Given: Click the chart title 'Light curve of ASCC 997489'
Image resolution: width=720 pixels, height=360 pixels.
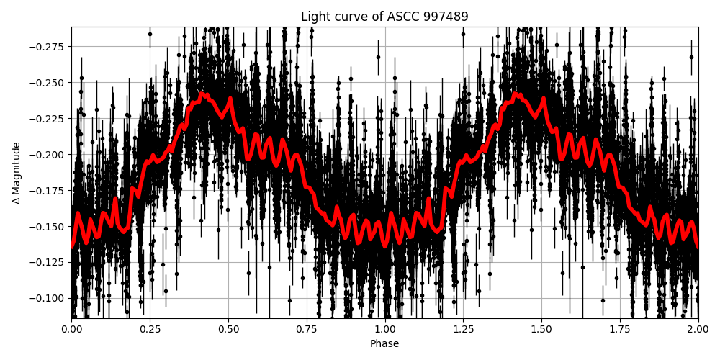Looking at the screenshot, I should [x=384, y=17].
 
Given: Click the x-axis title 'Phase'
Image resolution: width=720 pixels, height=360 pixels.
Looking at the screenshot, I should [x=384, y=344].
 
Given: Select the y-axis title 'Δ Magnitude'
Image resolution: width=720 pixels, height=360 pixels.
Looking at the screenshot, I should [x=16, y=173].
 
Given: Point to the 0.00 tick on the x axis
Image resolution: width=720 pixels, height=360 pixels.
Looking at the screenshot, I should [x=71, y=328].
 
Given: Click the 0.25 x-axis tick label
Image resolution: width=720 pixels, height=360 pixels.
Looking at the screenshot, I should [x=150, y=328].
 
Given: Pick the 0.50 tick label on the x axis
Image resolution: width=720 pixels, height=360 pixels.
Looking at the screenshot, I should [x=228, y=328].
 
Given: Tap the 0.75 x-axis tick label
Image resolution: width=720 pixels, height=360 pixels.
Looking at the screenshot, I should [x=307, y=328].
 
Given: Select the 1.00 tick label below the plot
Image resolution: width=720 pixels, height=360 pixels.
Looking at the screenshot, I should [x=384, y=328].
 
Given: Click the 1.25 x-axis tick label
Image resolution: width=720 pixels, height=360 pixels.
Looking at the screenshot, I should [x=463, y=328].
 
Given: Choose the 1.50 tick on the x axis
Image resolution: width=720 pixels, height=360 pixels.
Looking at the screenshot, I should [x=541, y=328].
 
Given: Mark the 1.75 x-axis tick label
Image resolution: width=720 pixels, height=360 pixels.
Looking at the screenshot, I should [x=620, y=328].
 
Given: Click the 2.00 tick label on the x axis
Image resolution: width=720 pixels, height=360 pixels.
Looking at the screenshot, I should [x=698, y=328].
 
